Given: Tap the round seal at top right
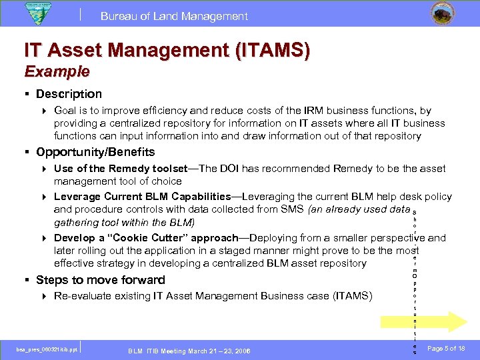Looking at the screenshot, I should pyautogui.click(x=440, y=14).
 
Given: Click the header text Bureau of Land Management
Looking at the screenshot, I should pyautogui.click(x=174, y=16).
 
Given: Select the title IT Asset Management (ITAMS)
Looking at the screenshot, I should pyautogui.click(x=167, y=50).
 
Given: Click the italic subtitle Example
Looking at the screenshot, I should pyautogui.click(x=57, y=71).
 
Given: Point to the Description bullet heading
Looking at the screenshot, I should pyautogui.click(x=69, y=94).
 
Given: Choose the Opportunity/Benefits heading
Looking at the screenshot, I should pyautogui.click(x=95, y=152).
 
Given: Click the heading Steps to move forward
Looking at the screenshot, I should pyautogui.click(x=100, y=280).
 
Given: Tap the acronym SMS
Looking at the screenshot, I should pyautogui.click(x=289, y=209).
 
